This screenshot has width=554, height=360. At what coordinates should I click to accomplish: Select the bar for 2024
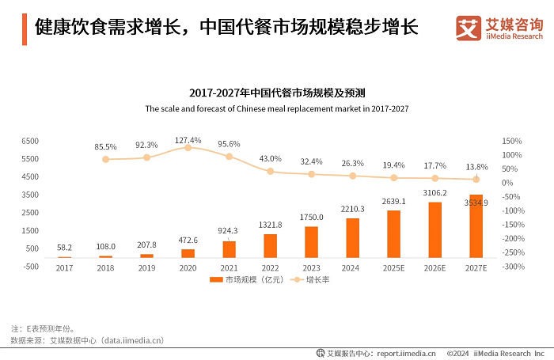[352, 238]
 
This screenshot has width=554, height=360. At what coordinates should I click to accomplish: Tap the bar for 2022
[270, 246]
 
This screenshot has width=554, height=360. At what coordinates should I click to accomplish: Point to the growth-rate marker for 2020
[188, 148]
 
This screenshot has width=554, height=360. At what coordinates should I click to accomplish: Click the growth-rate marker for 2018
[105, 160]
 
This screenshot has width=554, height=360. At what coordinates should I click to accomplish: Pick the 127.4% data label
[188, 140]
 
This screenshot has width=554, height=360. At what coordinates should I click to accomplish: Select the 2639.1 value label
[393, 201]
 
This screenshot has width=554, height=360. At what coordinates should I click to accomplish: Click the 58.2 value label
[64, 247]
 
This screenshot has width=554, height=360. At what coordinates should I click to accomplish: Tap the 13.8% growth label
[476, 168]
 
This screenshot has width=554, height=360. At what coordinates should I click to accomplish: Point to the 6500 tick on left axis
[30, 141]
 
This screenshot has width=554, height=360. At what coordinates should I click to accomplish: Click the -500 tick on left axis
[30, 267]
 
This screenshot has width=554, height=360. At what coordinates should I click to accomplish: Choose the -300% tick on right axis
[514, 267]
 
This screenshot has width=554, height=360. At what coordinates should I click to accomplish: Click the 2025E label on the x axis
[393, 268]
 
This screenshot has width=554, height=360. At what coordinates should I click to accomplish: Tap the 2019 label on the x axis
[146, 268]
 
